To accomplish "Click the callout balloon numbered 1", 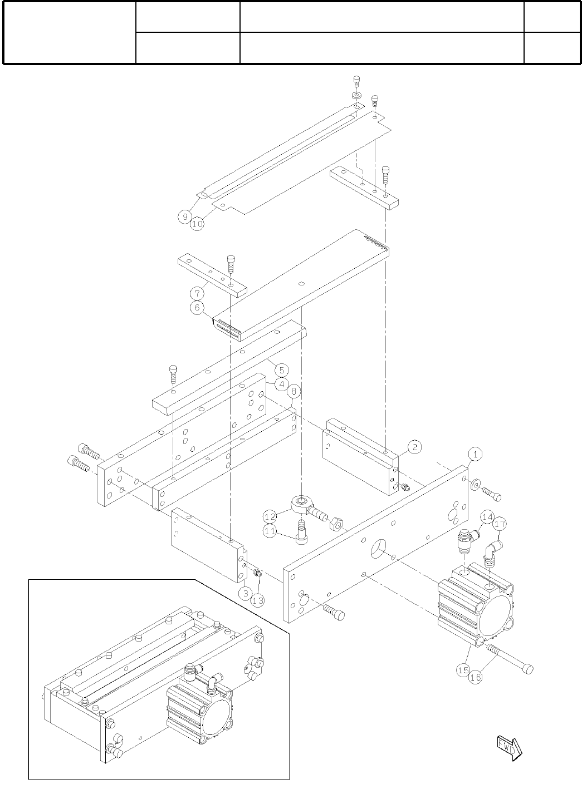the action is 474,454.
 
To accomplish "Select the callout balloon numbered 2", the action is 414,446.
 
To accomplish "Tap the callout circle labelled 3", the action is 244,593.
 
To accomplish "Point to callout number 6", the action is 197,308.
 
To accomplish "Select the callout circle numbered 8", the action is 295,391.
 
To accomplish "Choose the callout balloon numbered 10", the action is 197,224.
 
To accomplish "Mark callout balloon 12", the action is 271,517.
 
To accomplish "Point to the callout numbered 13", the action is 257,600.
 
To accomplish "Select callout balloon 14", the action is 487,517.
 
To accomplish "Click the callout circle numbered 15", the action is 463,670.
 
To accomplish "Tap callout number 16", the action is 475,677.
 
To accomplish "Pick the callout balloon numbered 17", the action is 500,524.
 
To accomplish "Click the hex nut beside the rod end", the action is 336,524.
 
